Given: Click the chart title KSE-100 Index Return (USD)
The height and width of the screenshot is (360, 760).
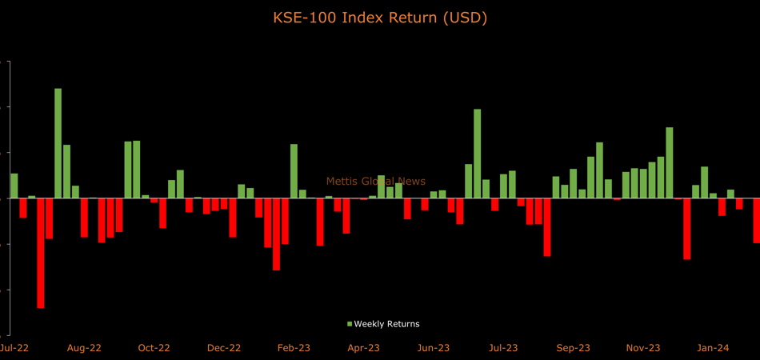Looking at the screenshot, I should tap(380, 17).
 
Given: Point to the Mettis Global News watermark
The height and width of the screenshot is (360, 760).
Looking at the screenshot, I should tap(376, 182).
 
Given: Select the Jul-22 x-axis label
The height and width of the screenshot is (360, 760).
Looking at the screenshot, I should tap(14, 348).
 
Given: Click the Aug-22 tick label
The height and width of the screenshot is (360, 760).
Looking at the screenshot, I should tap(84, 348).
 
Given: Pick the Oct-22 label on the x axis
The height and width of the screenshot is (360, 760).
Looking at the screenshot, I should tap(154, 348).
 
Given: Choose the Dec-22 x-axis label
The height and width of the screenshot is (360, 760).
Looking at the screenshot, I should tap(224, 348).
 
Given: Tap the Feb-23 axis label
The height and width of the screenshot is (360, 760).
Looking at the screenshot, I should tap(294, 348).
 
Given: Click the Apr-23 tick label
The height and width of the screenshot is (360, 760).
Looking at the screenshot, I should tap(363, 348).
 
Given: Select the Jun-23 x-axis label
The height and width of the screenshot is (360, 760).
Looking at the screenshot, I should tap(433, 348).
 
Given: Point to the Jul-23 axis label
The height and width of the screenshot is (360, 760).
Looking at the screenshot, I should tap(503, 348).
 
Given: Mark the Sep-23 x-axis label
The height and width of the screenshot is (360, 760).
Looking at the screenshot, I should tap(573, 348).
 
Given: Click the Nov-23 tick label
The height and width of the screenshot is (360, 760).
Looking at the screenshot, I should tap(643, 348).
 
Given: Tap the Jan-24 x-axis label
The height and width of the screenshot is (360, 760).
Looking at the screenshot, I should tap(713, 348).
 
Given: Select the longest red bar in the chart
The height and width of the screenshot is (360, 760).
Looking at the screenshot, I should tap(41, 253).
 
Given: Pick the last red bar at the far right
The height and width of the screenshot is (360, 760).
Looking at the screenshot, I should tap(756, 220).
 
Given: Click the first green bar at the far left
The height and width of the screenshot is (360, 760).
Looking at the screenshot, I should tap(14, 186).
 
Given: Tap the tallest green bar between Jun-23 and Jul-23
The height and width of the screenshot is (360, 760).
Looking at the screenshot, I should tap(478, 154).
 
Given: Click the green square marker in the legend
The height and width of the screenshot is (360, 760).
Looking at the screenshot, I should tap(350, 324).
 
